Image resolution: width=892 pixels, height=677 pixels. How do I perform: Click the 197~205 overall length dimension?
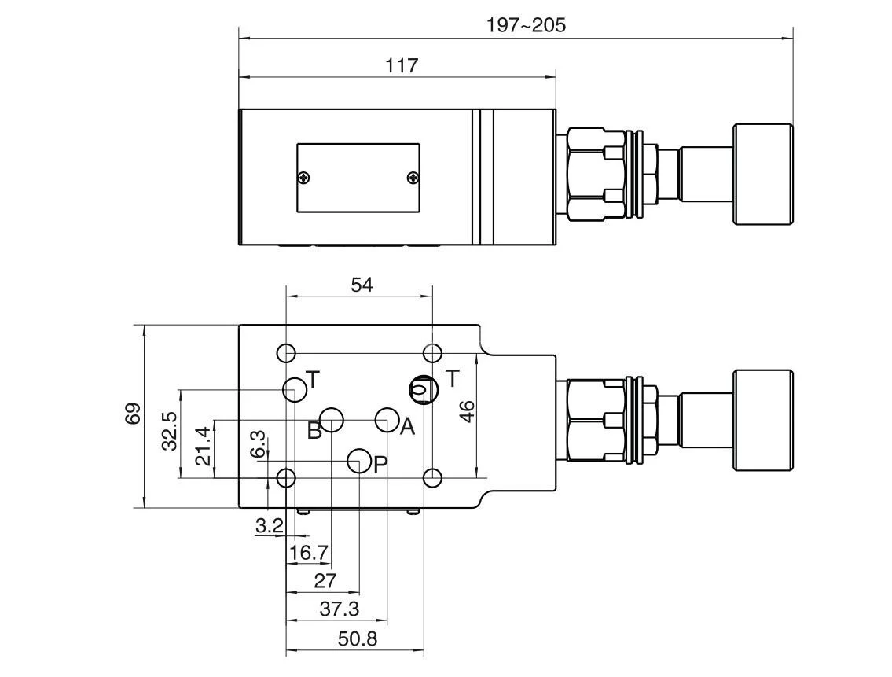point(525,25)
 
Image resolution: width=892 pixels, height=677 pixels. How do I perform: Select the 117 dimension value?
point(402,65)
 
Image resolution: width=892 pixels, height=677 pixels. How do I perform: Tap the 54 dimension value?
point(362,284)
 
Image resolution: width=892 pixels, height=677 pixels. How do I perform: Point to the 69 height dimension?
point(133,414)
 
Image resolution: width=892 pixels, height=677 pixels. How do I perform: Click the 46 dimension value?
point(467,411)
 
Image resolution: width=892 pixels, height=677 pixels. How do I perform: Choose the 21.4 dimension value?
point(203,445)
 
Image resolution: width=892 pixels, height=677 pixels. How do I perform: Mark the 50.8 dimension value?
point(358,638)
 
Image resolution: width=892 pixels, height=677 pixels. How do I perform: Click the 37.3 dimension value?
point(339,608)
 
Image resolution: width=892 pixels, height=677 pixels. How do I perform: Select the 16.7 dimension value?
point(308,553)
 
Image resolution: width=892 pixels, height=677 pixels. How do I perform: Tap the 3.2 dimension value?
point(269,526)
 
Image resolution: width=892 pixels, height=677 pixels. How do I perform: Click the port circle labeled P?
point(359,461)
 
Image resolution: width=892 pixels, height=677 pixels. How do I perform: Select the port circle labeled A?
point(387,420)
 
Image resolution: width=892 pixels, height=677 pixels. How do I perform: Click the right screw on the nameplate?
point(413,178)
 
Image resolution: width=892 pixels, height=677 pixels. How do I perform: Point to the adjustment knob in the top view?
point(762,174)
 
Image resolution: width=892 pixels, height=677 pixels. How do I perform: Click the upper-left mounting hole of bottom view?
point(287,352)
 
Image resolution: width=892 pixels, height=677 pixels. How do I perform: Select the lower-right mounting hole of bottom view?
point(431,477)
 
